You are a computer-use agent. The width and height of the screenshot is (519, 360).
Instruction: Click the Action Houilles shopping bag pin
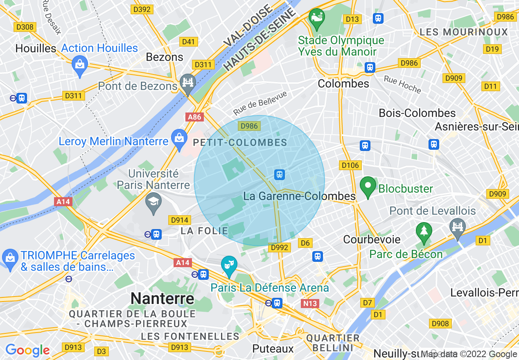click(x=79, y=65)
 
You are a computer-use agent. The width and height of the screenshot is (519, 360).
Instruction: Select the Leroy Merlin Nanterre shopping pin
click(x=179, y=138)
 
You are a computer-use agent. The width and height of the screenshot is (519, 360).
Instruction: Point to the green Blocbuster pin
click(x=368, y=187)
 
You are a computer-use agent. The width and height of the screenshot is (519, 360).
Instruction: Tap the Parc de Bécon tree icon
click(x=424, y=231)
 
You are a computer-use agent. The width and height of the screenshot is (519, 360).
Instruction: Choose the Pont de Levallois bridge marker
click(x=457, y=226)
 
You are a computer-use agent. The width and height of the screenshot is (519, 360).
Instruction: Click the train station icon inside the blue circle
click(x=279, y=175)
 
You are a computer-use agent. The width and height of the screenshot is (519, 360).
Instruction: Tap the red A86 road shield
click(x=194, y=117)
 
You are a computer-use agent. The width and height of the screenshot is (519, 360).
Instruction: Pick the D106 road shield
click(x=350, y=165)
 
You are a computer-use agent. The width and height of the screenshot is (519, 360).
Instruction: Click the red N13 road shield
click(x=309, y=303)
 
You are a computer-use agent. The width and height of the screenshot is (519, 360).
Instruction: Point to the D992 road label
click(x=280, y=248)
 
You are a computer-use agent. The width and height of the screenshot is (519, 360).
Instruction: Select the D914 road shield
click(x=179, y=220)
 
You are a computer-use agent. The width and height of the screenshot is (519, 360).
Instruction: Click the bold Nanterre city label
click(x=162, y=298)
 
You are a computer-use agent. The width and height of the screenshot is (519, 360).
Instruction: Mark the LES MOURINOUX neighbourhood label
click(x=464, y=32)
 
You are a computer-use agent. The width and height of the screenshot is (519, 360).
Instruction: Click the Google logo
click(x=27, y=350)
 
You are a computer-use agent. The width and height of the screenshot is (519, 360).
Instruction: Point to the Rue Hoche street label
click(x=402, y=84)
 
